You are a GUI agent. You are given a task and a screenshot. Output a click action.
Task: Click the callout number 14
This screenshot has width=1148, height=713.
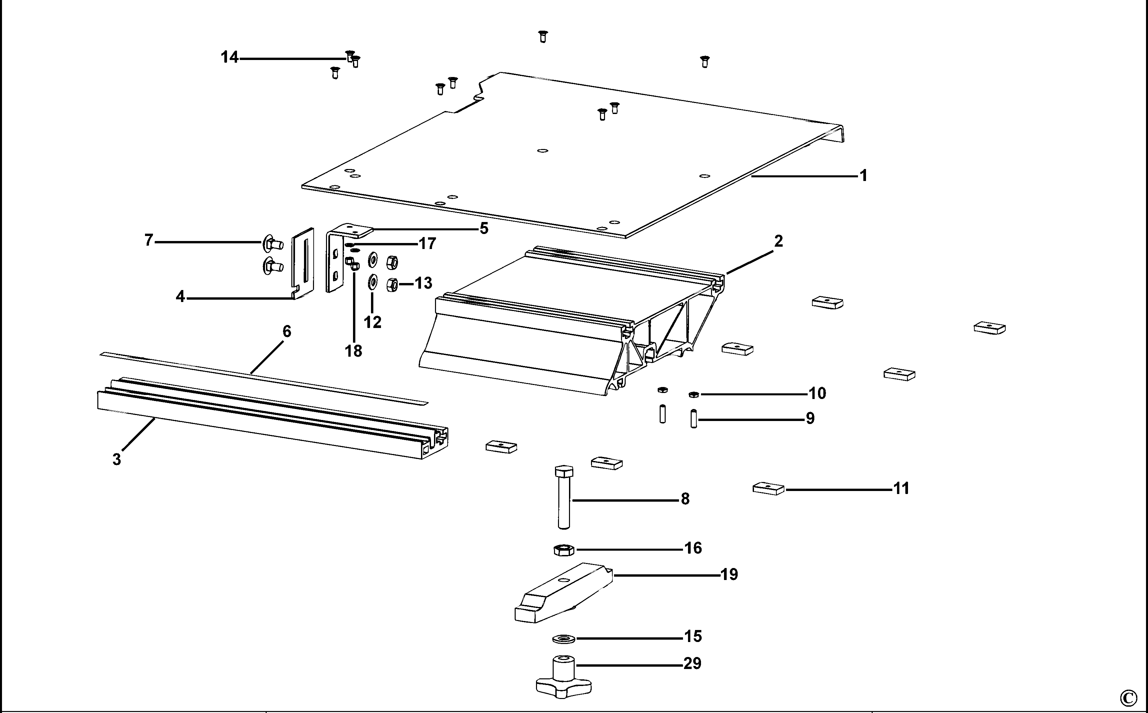tap(230, 58)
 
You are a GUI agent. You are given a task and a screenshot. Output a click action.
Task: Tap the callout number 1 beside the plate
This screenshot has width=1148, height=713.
tap(863, 176)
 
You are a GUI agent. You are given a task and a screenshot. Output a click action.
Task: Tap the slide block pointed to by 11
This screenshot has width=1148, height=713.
tap(768, 489)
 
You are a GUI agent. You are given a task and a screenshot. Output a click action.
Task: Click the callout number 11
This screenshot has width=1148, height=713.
tap(901, 489)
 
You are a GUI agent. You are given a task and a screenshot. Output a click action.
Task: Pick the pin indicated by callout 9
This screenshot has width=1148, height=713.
tap(694, 419)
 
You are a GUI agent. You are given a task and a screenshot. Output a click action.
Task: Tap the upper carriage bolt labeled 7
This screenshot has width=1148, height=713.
tap(273, 244)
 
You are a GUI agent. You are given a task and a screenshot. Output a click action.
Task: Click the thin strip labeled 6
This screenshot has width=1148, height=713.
tap(264, 378)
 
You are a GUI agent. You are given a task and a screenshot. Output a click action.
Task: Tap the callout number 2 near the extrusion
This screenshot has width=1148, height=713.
tap(778, 241)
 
